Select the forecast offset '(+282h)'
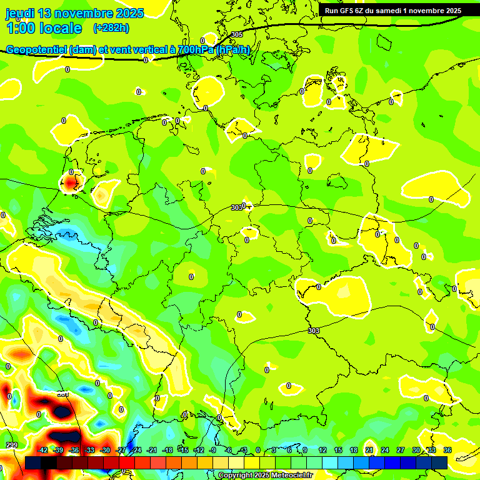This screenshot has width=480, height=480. coord(111,28)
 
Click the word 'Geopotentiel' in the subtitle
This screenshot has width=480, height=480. coord(37,49)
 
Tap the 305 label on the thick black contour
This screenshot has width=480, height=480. coord(236,35)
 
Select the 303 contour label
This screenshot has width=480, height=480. coord(314,331)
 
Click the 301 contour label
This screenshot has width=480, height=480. coord(62,394)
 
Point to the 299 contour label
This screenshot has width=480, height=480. coord(12,445)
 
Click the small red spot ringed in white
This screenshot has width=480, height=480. coord(70,182)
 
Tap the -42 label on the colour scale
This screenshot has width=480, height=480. coord(42,450)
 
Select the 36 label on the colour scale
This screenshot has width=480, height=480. coord(447,450)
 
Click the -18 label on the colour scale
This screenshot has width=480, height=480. coord(167,450)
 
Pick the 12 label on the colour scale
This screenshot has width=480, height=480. coord(322,450)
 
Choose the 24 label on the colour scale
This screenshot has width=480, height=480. coord(384,450)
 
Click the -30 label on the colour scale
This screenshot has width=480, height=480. coord(105,450)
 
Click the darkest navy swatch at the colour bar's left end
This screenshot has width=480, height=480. coord(33,462)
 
